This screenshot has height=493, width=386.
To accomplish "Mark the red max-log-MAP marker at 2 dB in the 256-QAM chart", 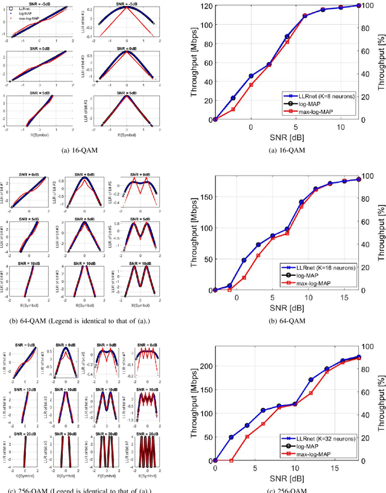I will [231, 460].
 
